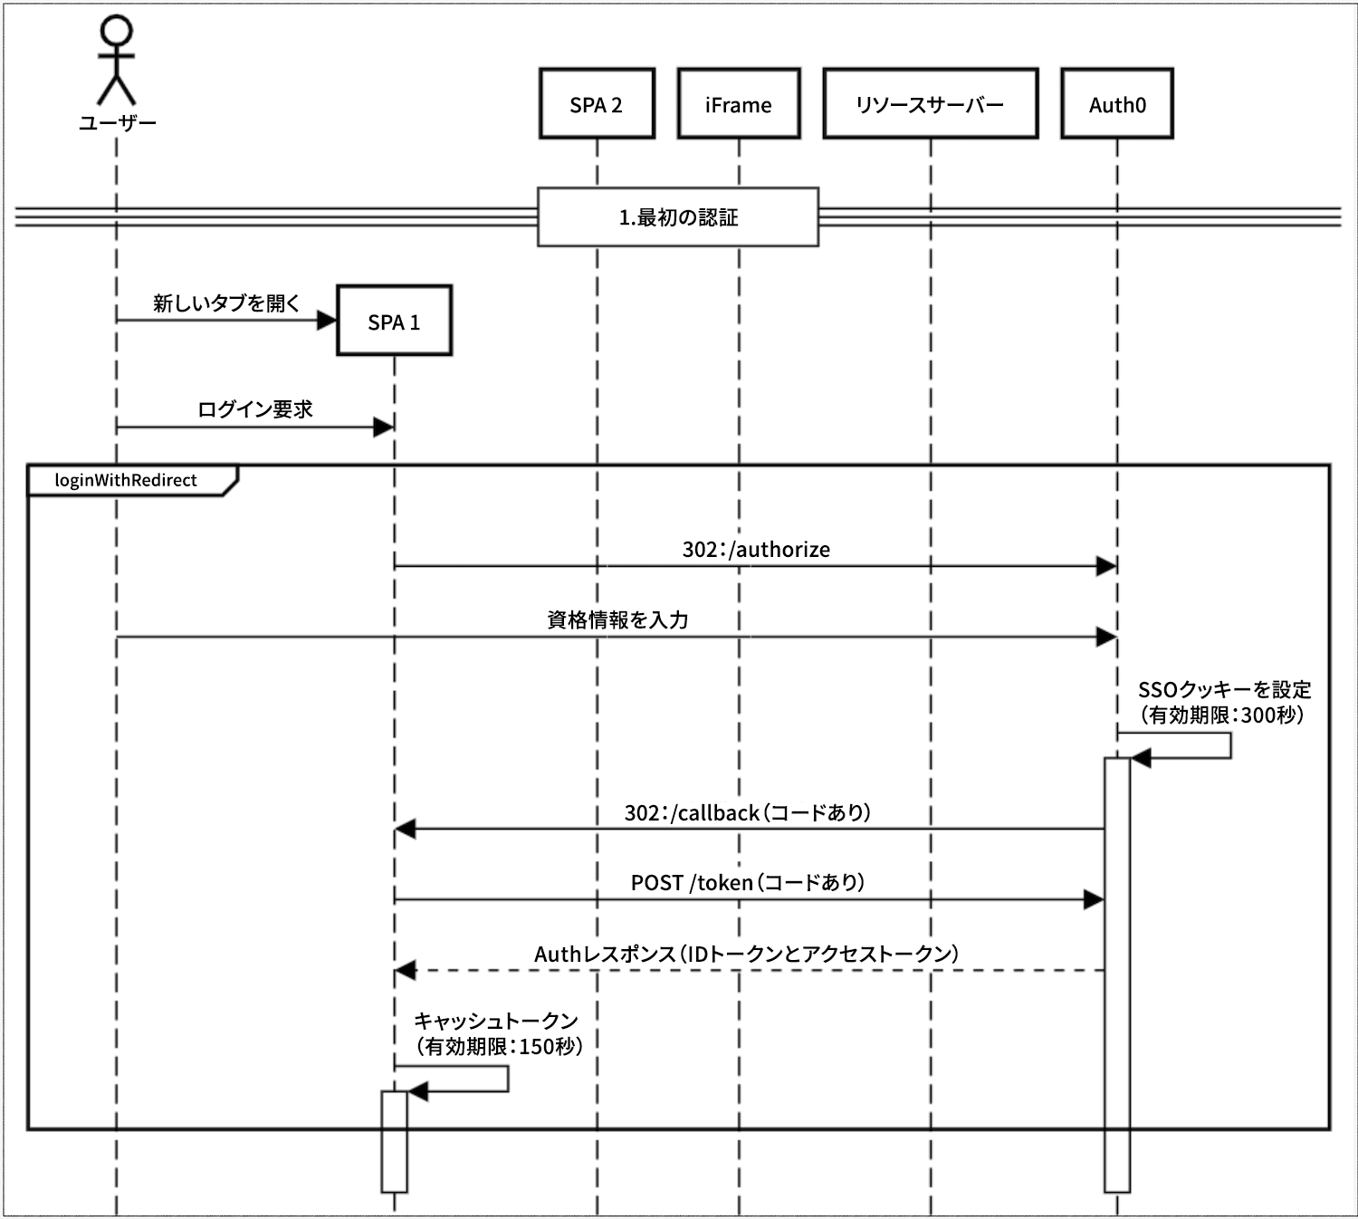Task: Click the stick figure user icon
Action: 116,60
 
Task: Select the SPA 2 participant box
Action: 597,104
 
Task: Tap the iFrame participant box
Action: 739,104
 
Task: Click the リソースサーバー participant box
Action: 930,104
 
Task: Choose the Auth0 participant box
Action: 1117,104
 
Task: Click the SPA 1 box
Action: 394,322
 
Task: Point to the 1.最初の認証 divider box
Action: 678,217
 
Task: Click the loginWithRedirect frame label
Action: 126,480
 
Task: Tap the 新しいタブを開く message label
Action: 226,303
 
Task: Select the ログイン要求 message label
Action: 254,409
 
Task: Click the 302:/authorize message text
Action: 756,550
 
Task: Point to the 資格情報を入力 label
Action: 617,620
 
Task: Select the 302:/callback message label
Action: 747,812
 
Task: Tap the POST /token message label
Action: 747,882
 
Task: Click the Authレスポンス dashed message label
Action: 746,954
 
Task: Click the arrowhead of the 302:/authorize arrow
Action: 1105,567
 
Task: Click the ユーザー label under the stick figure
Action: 117,123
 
